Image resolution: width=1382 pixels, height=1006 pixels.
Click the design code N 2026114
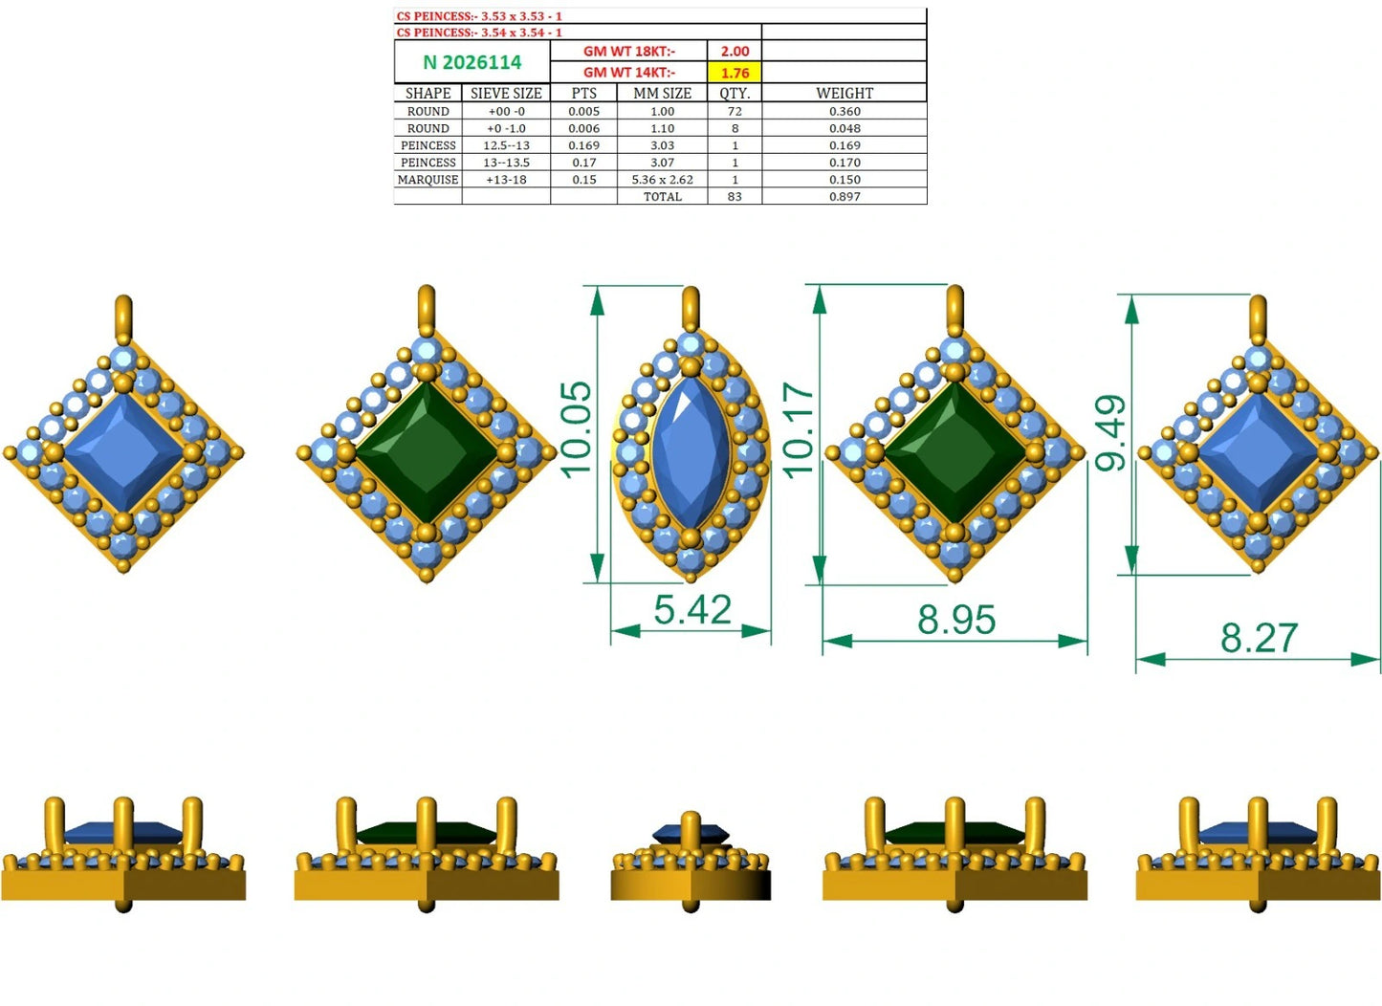472,62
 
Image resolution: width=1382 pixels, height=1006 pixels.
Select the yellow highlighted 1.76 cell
735,72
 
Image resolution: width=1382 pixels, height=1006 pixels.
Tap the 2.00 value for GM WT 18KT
735,52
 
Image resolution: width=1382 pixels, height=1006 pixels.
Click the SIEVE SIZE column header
506,93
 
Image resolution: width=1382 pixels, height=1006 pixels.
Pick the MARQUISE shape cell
428,180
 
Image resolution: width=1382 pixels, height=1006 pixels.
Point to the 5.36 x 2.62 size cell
662,180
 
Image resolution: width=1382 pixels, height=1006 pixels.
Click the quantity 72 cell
735,112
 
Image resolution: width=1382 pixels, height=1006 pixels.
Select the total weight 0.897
845,197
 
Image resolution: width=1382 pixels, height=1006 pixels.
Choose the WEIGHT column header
845,93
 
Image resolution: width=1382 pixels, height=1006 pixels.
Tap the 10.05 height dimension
577,430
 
